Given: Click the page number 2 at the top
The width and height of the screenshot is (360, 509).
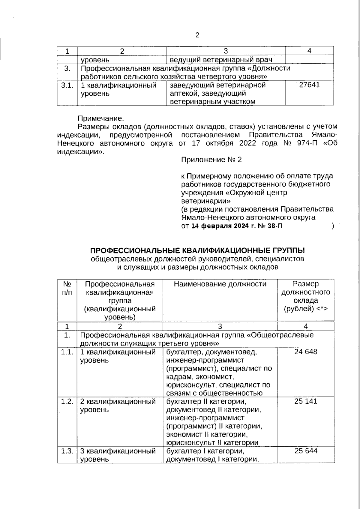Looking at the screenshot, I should [x=197, y=35].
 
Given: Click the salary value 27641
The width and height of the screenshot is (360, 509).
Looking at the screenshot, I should [x=309, y=85].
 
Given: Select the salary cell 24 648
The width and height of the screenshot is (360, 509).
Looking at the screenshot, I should [x=305, y=352].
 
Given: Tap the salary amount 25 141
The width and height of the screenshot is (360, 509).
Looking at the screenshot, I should [x=305, y=401].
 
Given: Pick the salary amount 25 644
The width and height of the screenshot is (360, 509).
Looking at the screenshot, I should [x=305, y=451].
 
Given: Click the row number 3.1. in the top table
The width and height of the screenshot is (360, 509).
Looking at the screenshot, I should [x=67, y=85].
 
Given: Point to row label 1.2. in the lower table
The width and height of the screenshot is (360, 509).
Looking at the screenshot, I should [x=67, y=401].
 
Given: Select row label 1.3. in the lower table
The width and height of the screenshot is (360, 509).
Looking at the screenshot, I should [x=67, y=451].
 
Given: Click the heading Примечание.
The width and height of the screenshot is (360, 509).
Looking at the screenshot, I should [x=101, y=118].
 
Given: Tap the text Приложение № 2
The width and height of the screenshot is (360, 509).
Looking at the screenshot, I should [x=211, y=160].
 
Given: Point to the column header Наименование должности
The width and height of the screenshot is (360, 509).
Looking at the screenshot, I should [x=220, y=284].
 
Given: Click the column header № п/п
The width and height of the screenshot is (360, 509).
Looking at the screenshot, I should [x=67, y=288].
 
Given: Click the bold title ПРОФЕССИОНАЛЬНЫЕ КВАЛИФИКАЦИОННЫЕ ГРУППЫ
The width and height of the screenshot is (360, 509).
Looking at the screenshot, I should [x=197, y=250].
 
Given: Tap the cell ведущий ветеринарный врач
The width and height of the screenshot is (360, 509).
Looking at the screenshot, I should [x=221, y=59].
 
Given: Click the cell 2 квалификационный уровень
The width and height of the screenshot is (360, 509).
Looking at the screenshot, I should [x=118, y=406].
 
